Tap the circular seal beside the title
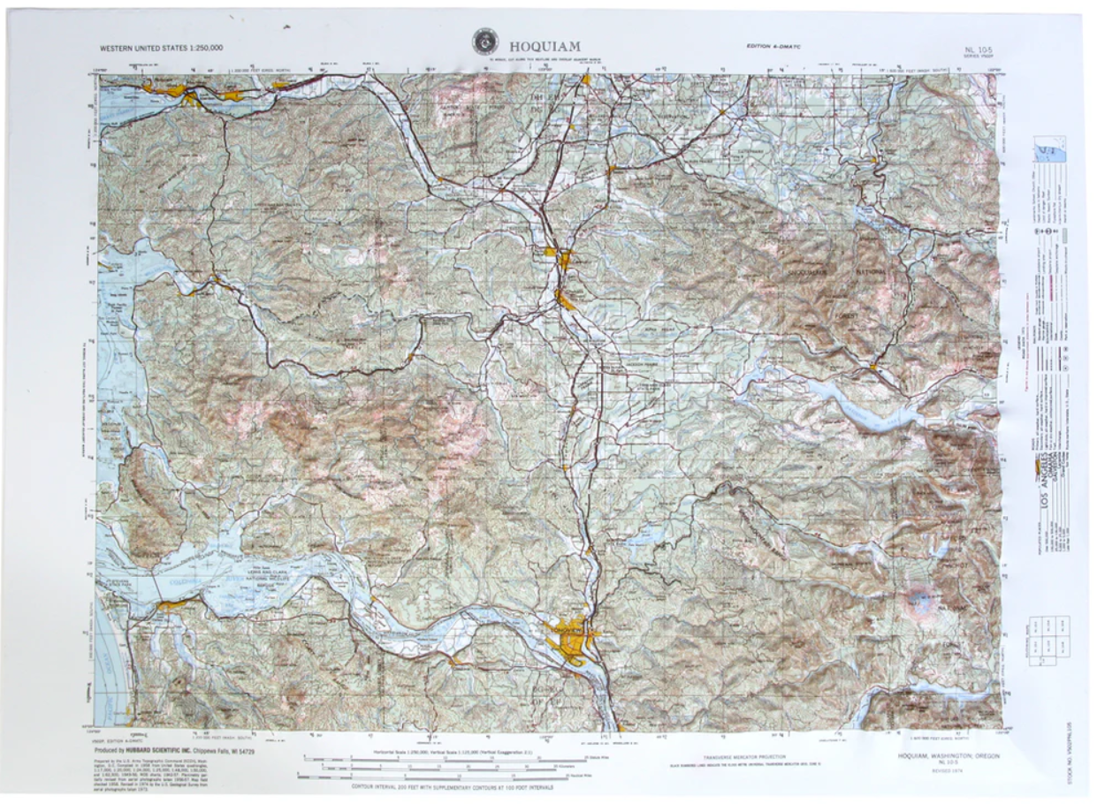[x=484, y=42]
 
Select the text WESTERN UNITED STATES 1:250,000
[x=161, y=47]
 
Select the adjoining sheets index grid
[x=1049, y=641]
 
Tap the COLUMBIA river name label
[x=212, y=579]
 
